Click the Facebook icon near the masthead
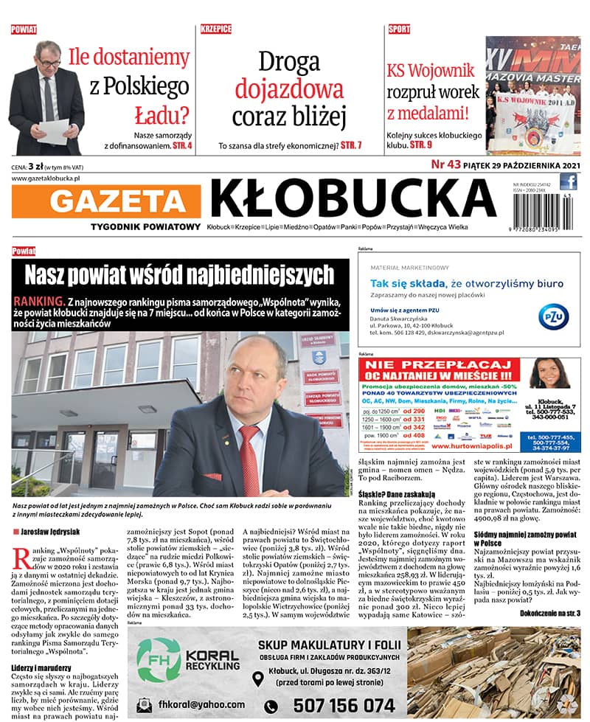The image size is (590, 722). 568,182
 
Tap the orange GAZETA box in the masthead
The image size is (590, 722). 107,200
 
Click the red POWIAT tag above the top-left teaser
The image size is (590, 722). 24,29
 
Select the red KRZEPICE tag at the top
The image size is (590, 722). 215,29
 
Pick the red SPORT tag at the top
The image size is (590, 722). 399,29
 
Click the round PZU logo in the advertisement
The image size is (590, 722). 553,316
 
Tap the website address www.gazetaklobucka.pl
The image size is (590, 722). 46,178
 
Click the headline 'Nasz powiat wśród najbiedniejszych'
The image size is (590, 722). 179,275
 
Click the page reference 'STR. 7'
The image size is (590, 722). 350,145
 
